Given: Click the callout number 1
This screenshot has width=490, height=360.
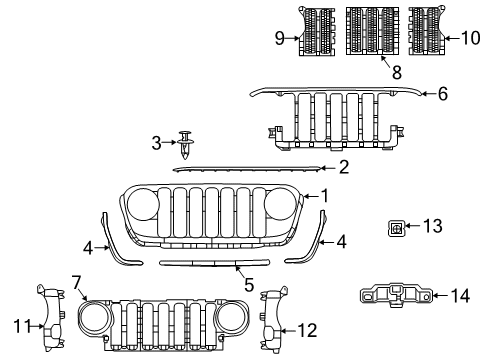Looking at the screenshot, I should pyautogui.click(x=323, y=196).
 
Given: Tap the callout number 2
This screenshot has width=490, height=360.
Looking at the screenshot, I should pyautogui.click(x=343, y=168).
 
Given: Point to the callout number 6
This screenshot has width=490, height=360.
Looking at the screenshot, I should pyautogui.click(x=443, y=94).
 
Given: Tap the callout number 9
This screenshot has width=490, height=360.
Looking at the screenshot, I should pyautogui.click(x=281, y=39).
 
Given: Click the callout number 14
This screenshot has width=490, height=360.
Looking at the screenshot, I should pyautogui.click(x=459, y=295).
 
